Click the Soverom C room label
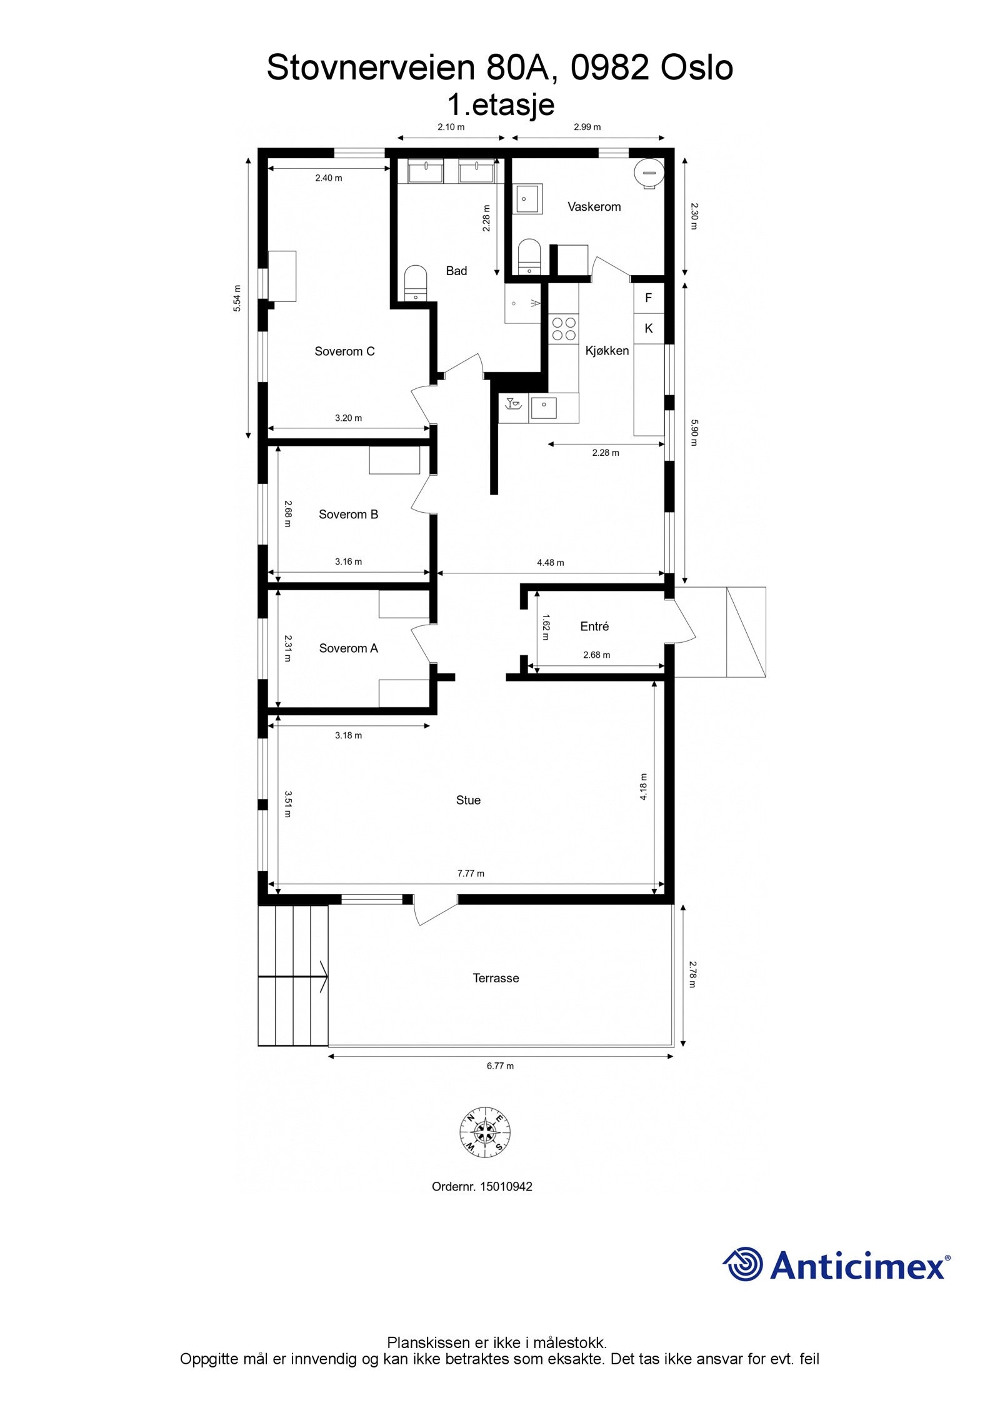(344, 351)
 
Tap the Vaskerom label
(594, 206)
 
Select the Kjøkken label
(607, 351)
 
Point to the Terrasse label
(496, 978)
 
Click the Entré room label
(594, 626)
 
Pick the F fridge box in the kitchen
(648, 298)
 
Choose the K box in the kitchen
(648, 328)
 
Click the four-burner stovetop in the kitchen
(563, 329)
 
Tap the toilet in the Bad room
(414, 283)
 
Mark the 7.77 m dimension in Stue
(471, 873)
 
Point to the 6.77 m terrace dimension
(500, 1065)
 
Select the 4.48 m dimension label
(550, 562)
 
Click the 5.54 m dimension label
(237, 298)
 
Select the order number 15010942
(506, 1187)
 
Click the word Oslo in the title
(697, 68)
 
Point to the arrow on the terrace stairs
(322, 977)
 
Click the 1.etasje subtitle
(501, 104)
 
